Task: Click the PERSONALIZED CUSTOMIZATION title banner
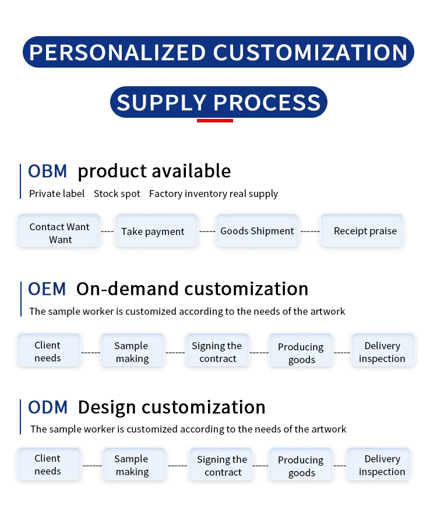coord(218,52)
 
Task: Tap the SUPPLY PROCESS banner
coord(218,103)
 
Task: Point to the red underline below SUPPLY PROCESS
coord(215,121)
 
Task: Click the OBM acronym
coord(48,171)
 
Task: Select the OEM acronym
coord(47,289)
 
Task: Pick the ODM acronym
coord(48,407)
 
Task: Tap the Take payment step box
coord(153,231)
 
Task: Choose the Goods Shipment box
coord(257,231)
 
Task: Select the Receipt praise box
coord(365,231)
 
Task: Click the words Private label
coord(57,194)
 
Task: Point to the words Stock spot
coord(117,194)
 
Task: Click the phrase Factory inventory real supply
coord(213,194)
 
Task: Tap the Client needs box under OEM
coord(48,352)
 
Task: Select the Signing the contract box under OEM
coord(217,352)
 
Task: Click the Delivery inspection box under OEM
coord(382,352)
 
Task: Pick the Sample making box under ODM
coord(132,465)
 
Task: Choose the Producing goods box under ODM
coord(301,466)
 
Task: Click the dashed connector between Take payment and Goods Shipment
coord(207,231)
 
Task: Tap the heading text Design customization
coord(171,407)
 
